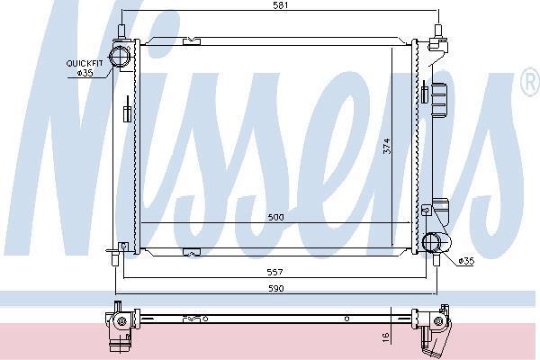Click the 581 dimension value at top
(280, 5)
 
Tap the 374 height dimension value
(387, 146)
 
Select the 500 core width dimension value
(276, 218)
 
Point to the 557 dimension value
(274, 272)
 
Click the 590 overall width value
(276, 288)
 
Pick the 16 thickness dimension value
(386, 337)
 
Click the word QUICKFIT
(85, 63)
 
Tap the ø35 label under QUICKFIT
(85, 73)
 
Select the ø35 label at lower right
(466, 261)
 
